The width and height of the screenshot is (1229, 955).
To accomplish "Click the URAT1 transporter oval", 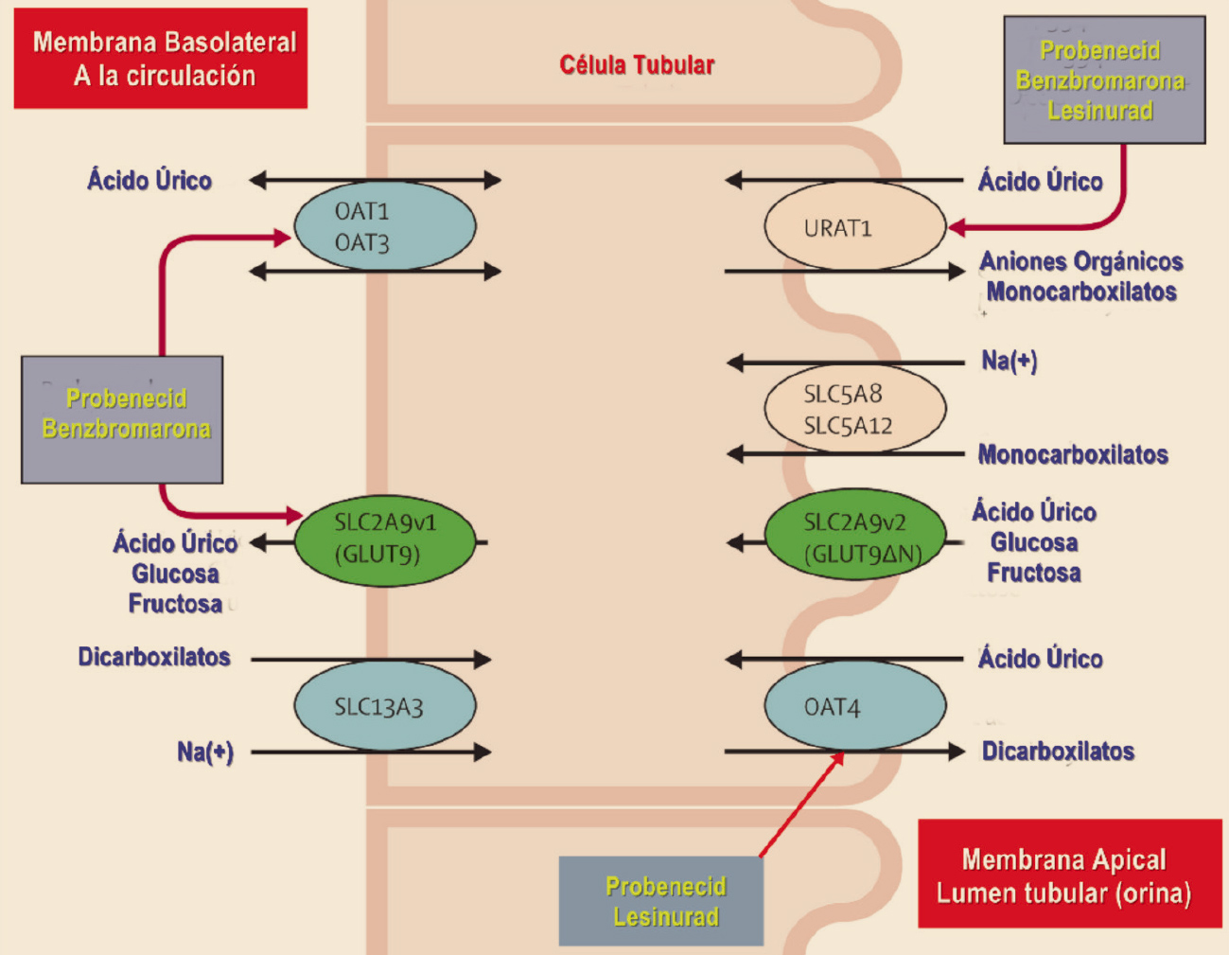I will point(854,227).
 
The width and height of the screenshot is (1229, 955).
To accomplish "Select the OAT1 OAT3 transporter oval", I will point(385,226).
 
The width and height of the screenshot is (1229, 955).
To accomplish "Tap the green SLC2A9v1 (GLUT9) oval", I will point(385,539).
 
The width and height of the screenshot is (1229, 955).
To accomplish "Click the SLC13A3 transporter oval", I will point(385,706).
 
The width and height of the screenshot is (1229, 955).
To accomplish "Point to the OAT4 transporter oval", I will point(854,706).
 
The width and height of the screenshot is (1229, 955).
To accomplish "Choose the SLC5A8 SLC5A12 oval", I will point(854,409).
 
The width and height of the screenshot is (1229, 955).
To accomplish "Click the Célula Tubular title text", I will point(637,65).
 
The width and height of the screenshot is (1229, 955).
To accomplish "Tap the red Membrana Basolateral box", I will point(161,59).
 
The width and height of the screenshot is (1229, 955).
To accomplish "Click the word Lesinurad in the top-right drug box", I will point(1100,111).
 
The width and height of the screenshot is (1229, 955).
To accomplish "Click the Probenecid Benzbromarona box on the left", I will point(122,419).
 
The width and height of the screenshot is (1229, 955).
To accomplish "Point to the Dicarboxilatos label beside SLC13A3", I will point(154,657).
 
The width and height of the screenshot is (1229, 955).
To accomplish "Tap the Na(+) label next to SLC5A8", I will point(1009,361).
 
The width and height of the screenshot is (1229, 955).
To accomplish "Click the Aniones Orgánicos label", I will point(1081,261).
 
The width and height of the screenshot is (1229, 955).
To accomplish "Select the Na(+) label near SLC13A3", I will point(204,752).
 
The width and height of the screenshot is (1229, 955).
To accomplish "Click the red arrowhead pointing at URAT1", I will point(957,228).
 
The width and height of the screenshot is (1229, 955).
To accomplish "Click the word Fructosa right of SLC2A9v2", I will point(1034,573).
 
